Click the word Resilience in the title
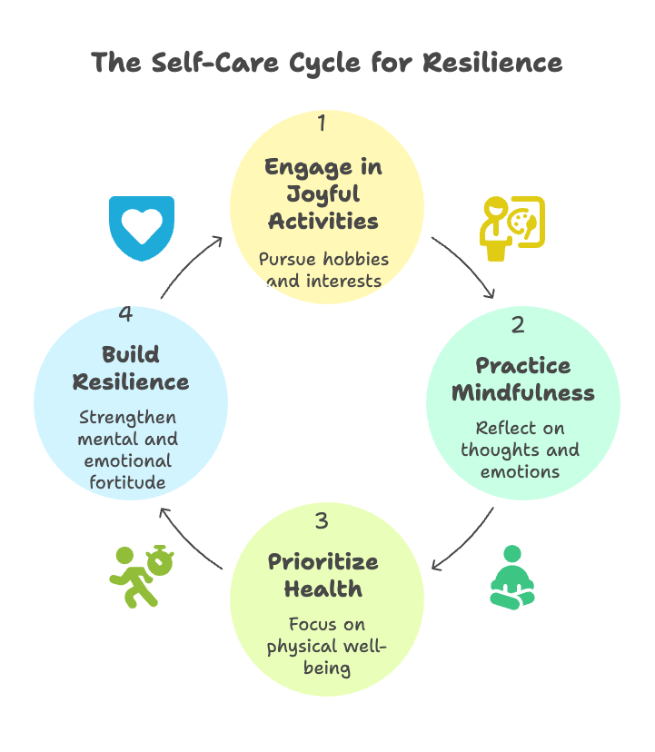[x=492, y=63]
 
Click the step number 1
[x=321, y=124]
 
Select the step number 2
[x=518, y=324]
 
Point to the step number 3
[x=322, y=522]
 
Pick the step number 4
[x=126, y=314]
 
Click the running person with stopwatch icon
[x=141, y=575]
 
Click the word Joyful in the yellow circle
[x=323, y=193]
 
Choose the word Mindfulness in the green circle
[x=523, y=393]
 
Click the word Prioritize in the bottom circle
[x=323, y=561]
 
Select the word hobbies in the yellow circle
[x=354, y=259]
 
